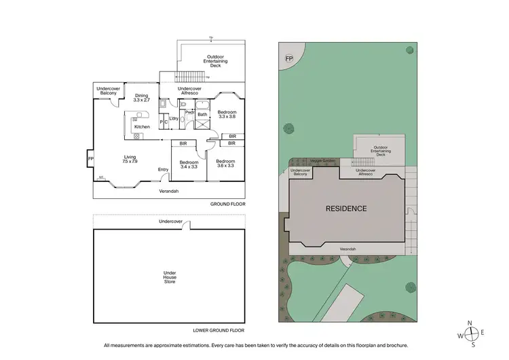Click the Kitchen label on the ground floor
point(142,127)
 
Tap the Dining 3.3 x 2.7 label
point(141,98)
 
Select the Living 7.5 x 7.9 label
point(130,159)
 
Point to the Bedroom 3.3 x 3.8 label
point(227,114)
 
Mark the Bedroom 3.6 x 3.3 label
point(225,164)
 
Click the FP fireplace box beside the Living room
point(90,160)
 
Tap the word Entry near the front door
point(163,169)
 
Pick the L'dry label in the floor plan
point(174,118)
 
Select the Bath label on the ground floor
point(202,115)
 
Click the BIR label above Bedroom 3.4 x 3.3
point(183,143)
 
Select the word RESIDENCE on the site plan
point(346,209)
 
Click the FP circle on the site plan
point(288,59)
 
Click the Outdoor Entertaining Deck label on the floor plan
point(216,61)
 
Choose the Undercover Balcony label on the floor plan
point(108,90)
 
